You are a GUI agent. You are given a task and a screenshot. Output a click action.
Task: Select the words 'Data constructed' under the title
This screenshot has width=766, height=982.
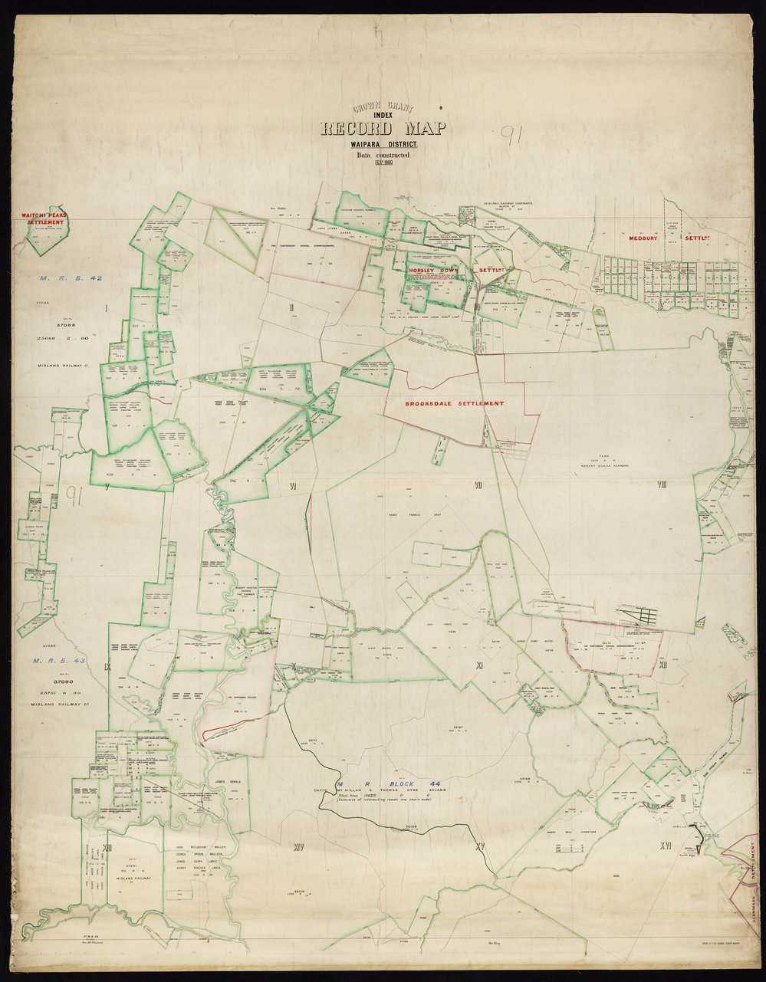(x=383, y=155)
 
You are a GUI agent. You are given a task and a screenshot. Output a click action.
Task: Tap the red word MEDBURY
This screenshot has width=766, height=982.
(x=645, y=238)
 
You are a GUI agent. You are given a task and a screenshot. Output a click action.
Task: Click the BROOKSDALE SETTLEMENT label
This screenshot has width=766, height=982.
(x=455, y=403)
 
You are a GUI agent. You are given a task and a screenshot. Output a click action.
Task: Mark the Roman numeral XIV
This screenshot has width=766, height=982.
(x=298, y=847)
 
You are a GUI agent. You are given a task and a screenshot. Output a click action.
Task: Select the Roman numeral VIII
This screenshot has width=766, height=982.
(x=662, y=484)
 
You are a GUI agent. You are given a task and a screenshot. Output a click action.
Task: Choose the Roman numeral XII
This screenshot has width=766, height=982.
(x=662, y=665)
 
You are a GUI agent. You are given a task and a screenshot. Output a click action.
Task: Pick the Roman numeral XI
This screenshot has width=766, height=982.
(x=478, y=665)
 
